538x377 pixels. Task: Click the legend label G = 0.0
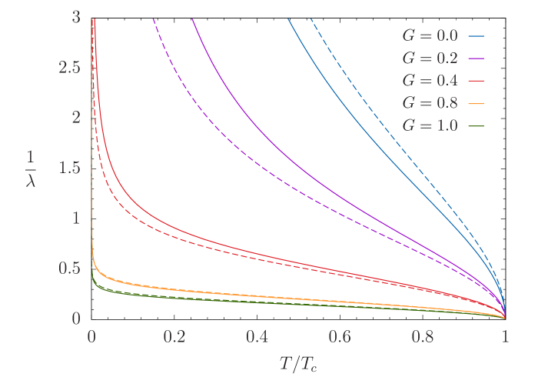click(x=430, y=35)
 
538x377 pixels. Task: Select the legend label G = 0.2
click(x=430, y=58)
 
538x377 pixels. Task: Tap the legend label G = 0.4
click(x=430, y=80)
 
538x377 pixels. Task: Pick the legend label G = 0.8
click(x=430, y=102)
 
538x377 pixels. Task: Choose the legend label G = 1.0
click(x=430, y=125)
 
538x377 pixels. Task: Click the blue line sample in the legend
click(x=477, y=35)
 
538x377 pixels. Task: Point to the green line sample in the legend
click(x=477, y=125)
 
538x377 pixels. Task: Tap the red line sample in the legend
click(x=477, y=80)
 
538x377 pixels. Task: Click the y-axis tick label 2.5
click(x=69, y=67)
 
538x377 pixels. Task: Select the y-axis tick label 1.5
click(x=69, y=168)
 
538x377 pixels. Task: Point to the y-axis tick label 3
click(x=75, y=17)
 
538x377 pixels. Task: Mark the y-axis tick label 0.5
click(x=69, y=269)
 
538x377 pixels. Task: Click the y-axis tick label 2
click(x=75, y=118)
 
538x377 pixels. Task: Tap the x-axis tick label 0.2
click(x=174, y=337)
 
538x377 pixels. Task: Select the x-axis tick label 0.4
click(x=257, y=337)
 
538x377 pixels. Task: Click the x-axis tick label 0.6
click(x=340, y=337)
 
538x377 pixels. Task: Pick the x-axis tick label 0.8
click(x=423, y=337)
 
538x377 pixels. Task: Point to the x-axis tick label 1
click(x=505, y=337)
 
